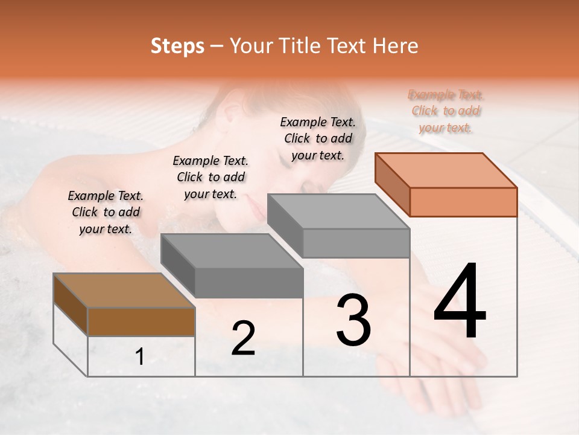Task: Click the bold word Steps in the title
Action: [x=177, y=47]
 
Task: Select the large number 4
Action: [x=460, y=302]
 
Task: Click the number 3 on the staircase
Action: [x=353, y=320]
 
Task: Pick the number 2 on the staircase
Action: [x=243, y=338]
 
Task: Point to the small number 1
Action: [x=140, y=357]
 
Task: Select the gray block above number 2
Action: [x=232, y=266]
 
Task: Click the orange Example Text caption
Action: [x=446, y=111]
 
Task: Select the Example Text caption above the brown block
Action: [x=106, y=213]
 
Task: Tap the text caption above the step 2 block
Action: [x=210, y=177]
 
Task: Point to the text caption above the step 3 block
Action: [x=318, y=138]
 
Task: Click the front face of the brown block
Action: [x=141, y=321]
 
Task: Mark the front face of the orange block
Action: [x=463, y=202]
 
